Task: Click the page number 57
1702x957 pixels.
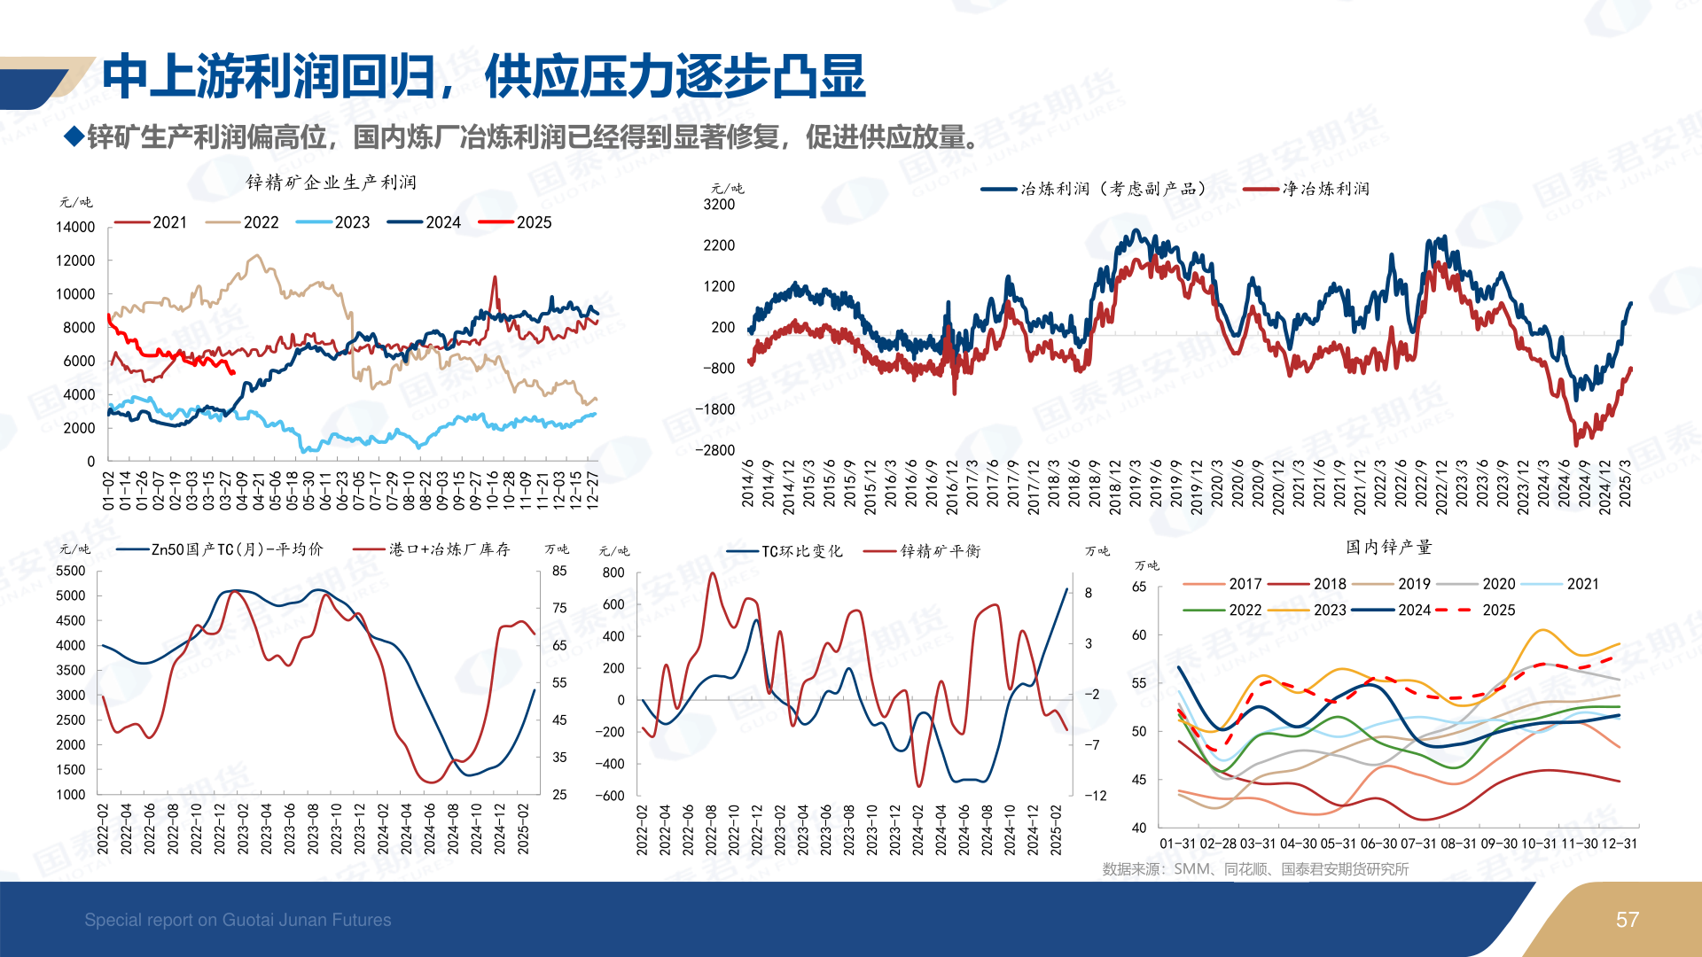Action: [1627, 920]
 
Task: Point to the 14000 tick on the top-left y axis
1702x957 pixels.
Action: [75, 227]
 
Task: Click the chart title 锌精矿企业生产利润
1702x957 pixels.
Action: [331, 183]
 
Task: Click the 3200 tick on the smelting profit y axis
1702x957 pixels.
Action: [719, 205]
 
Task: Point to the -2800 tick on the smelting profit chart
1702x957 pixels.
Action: [715, 450]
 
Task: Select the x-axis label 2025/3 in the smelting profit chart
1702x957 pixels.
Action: [1625, 484]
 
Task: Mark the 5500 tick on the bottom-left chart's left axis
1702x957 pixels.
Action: [71, 572]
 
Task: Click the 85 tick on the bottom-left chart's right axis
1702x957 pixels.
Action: [559, 572]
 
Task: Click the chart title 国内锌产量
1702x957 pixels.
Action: [1388, 548]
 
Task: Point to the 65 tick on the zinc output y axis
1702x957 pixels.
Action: [1139, 587]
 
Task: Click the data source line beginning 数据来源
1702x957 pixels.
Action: [1255, 869]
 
